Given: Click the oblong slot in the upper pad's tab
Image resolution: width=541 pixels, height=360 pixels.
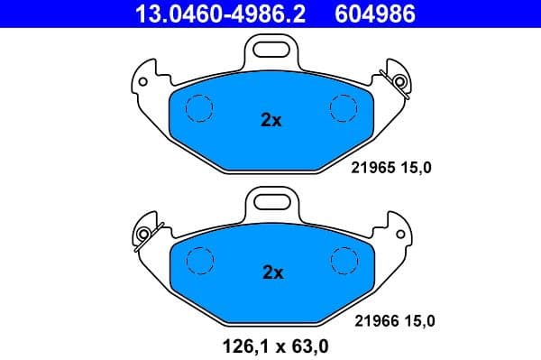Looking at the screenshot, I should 271,44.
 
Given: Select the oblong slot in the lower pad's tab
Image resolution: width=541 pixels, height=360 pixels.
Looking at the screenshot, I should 271,197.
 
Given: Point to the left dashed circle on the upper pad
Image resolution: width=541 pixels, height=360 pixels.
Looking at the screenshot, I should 197,109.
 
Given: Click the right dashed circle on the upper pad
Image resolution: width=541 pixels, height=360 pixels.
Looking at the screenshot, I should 344,107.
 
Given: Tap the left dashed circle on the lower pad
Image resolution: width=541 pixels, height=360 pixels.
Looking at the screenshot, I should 197,261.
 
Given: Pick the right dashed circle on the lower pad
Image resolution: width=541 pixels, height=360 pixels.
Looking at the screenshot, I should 344,259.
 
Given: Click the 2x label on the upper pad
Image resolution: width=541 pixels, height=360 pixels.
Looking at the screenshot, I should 271,119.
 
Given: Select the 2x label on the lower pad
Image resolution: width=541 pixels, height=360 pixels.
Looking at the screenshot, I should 271,272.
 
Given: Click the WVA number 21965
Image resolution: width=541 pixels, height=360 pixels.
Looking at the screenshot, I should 371,167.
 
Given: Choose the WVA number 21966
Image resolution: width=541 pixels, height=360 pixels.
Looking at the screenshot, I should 371,318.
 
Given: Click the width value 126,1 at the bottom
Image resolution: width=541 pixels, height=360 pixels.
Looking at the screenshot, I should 240,343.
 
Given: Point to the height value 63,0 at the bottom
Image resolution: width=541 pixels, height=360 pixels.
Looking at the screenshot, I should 308,343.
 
